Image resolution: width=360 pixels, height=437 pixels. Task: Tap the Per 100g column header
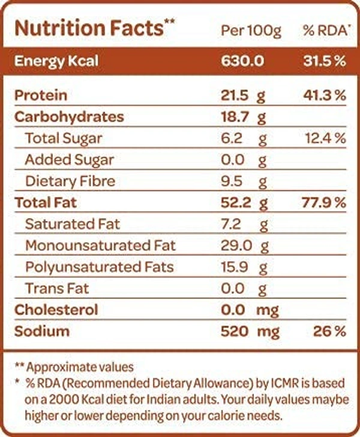pos(251,30)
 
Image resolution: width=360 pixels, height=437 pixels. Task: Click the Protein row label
pos(40,96)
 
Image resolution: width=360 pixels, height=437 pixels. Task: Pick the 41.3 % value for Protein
pos(325,96)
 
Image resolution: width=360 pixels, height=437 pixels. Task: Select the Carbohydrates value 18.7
pos(234,117)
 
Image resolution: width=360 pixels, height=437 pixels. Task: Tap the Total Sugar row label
pos(64,138)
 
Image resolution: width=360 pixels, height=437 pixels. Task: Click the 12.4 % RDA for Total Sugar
pos(325,138)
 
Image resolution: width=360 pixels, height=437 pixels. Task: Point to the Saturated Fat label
pos(72,224)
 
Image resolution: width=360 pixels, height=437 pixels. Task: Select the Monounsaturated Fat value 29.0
pos(235,245)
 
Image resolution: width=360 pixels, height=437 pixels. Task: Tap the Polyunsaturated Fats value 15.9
pos(234,267)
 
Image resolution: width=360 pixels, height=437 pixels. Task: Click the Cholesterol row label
pos(56,310)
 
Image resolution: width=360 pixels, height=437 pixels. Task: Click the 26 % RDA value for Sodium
pos(330,331)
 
